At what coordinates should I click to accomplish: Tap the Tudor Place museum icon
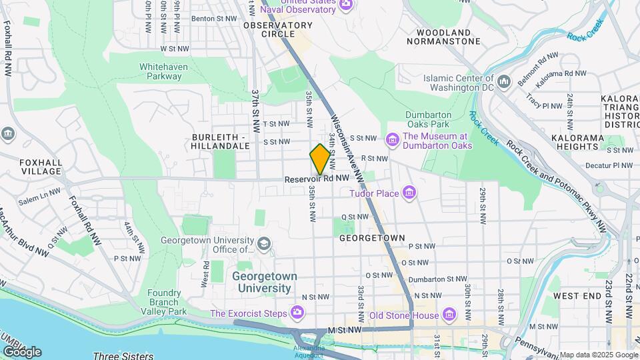click(x=409, y=194)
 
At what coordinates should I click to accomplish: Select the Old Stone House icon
click(x=449, y=314)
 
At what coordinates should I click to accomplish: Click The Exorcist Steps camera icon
click(x=297, y=313)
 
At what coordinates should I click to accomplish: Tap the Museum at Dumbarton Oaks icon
click(x=393, y=140)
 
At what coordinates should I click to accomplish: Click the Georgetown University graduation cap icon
click(x=265, y=244)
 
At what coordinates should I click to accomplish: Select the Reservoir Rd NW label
click(x=317, y=179)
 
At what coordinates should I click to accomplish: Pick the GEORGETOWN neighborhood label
click(x=372, y=237)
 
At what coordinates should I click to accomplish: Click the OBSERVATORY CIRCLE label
click(x=269, y=29)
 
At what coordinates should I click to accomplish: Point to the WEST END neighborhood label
click(x=577, y=295)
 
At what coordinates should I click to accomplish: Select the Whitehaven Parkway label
click(x=160, y=71)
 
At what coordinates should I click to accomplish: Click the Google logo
click(x=22, y=351)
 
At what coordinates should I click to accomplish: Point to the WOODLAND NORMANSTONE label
click(x=443, y=37)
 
